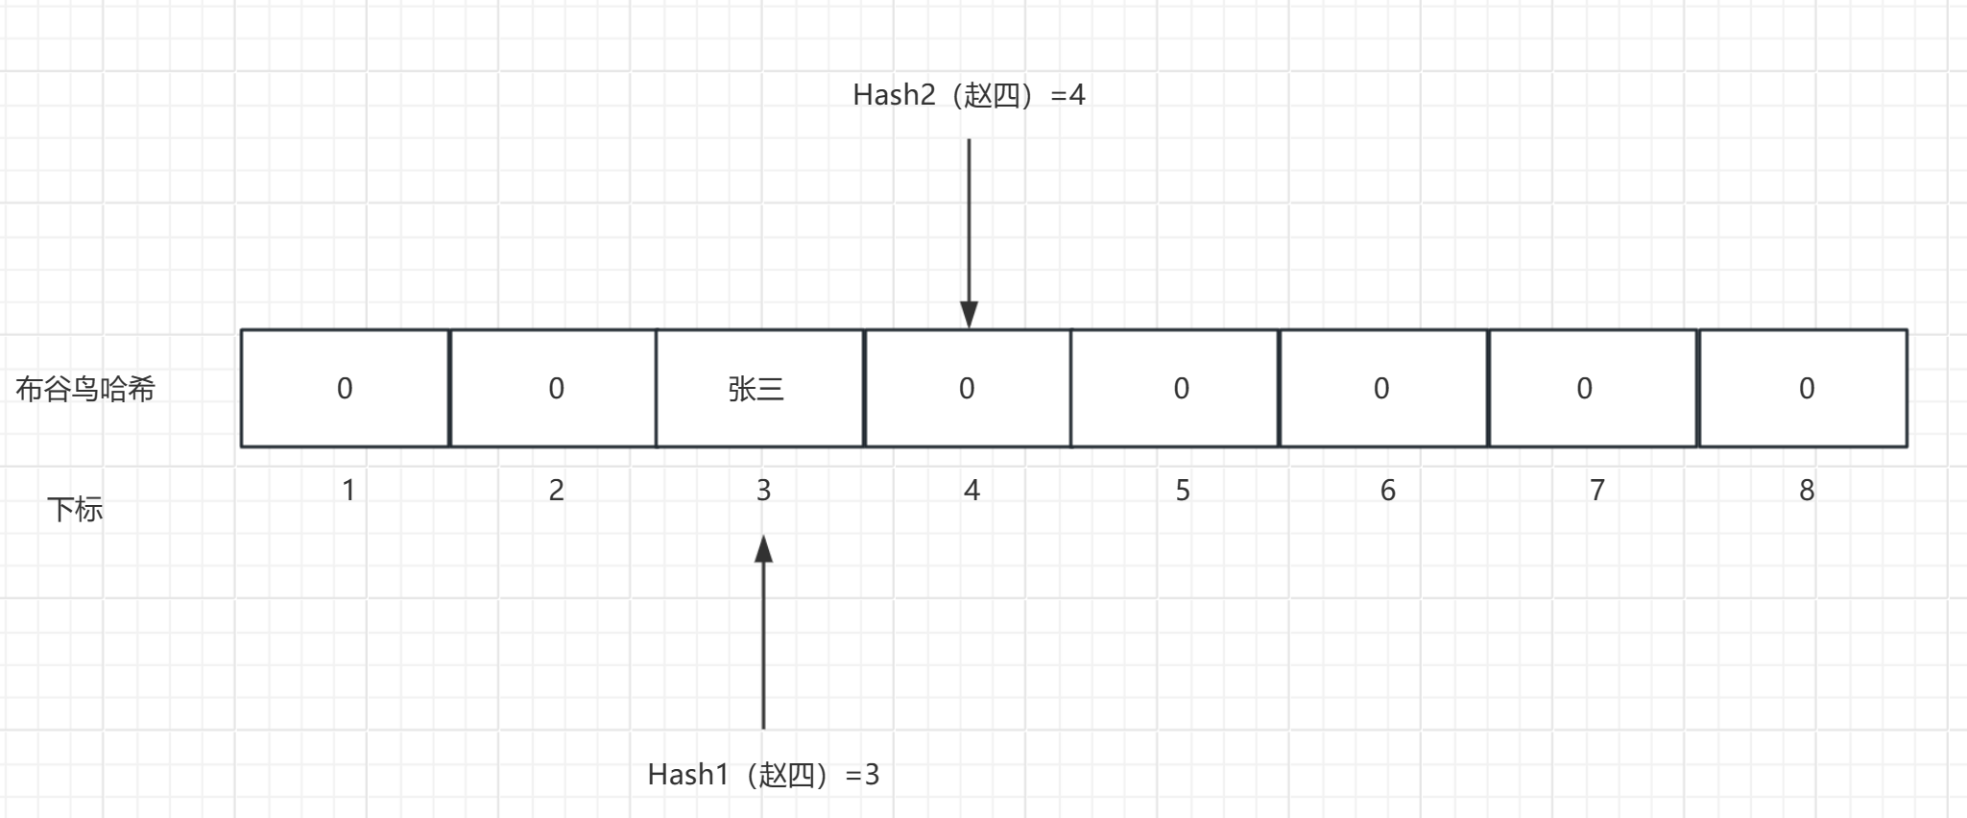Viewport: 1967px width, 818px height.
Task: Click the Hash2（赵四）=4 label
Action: tap(968, 95)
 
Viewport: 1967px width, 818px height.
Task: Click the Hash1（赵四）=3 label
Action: tap(763, 774)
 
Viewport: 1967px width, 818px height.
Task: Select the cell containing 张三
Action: tap(757, 389)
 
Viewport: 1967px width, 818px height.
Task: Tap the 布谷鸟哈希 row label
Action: tap(85, 389)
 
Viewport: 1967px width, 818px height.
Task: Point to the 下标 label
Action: tap(75, 509)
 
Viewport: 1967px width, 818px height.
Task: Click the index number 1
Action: tap(348, 491)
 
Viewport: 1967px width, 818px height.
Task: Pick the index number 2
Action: tap(556, 491)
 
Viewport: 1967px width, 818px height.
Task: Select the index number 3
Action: tap(763, 491)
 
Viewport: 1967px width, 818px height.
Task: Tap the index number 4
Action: tap(972, 491)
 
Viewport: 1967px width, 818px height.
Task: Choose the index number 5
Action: tap(1183, 491)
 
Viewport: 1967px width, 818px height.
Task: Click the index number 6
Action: tap(1387, 491)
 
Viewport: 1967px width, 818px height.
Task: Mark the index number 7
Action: tap(1596, 491)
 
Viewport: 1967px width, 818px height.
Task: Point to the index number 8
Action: tap(1806, 491)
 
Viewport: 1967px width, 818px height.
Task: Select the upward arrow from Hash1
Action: tap(763, 634)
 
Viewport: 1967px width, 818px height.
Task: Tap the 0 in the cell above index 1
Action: tap(345, 388)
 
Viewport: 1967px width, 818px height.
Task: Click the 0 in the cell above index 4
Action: tap(967, 388)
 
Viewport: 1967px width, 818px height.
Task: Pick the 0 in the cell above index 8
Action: tap(1806, 388)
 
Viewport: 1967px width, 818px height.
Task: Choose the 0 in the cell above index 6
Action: tap(1381, 388)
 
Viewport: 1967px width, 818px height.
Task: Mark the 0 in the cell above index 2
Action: tap(556, 388)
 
